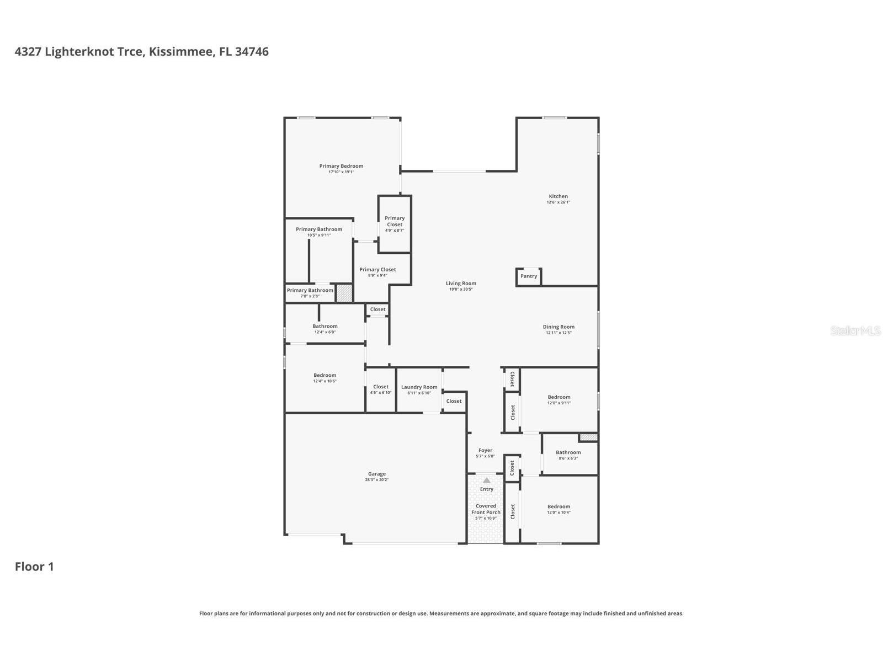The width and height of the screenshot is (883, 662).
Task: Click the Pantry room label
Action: [528, 276]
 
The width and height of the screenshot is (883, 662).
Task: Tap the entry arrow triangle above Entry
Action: [486, 481]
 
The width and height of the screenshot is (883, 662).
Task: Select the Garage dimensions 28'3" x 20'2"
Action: [377, 480]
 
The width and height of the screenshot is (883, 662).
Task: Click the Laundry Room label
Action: [419, 387]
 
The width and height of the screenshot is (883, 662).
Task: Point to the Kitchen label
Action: [558, 196]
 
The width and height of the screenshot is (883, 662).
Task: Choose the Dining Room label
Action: [558, 327]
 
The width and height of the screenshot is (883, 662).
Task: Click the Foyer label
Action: [485, 450]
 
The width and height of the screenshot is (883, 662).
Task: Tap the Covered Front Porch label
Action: [486, 509]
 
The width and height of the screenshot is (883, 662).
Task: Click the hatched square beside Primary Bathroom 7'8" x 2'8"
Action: [344, 293]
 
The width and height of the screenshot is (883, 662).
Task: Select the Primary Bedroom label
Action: [341, 166]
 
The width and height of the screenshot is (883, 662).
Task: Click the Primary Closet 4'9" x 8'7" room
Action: [395, 223]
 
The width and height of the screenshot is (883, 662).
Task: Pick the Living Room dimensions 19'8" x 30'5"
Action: [461, 289]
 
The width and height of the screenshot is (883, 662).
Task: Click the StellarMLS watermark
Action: [855, 330]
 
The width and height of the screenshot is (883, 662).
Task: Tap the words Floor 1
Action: [34, 567]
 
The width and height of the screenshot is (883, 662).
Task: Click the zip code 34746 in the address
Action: [252, 52]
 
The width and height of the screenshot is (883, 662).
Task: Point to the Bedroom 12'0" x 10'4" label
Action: [558, 506]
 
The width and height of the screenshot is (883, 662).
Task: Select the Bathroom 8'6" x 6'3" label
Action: [568, 452]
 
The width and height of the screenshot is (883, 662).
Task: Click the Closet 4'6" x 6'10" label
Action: [380, 387]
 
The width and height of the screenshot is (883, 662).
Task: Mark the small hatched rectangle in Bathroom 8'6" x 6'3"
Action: [588, 437]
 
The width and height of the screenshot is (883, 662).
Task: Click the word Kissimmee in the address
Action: [181, 52]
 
